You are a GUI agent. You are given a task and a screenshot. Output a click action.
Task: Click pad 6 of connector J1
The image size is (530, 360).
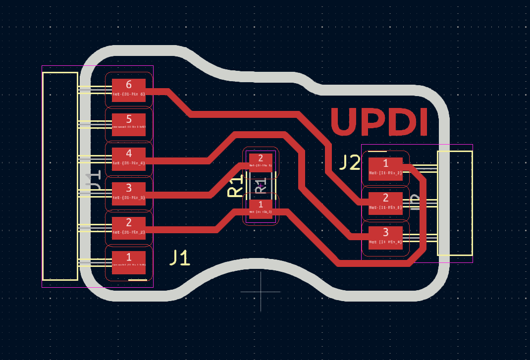(129, 90)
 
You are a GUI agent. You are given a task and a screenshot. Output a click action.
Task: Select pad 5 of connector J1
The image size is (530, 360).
(129, 125)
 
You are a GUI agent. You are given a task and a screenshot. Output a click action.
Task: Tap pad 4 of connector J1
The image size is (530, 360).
(129, 159)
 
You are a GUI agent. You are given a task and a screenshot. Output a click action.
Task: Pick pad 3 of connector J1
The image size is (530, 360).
(129, 194)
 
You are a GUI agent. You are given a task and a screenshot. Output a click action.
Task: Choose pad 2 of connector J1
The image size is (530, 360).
(129, 228)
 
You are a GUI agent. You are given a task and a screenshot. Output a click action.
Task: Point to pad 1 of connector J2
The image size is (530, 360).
(385, 169)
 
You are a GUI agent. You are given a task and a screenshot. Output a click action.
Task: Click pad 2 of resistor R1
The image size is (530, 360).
(261, 162)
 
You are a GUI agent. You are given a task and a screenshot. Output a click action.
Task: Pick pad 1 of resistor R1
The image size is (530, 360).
(261, 208)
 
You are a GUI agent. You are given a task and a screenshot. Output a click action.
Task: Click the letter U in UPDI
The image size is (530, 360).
(346, 122)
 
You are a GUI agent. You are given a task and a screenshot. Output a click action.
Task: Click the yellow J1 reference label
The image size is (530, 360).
(180, 257)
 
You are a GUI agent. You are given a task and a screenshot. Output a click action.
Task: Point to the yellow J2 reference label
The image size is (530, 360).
(350, 162)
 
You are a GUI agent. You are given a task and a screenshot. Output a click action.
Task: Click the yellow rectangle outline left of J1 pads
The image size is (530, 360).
(60, 176)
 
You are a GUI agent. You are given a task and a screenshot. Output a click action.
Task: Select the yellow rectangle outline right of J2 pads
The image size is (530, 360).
(455, 203)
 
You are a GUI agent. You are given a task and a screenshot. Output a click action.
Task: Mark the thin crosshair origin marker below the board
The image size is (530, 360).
(261, 292)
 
